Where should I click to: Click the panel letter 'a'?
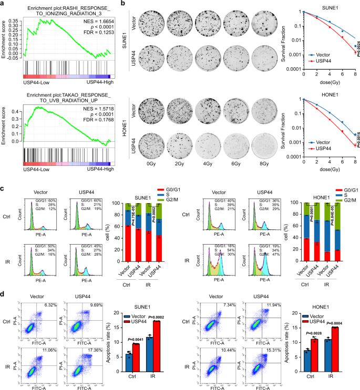[4, 4]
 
